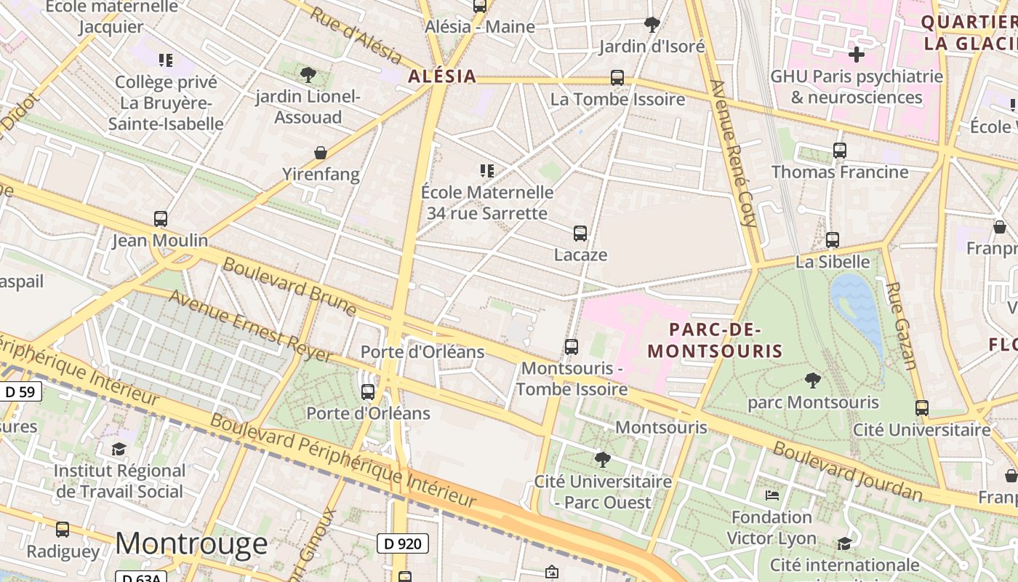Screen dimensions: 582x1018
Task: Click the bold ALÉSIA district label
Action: pyautogui.click(x=442, y=76)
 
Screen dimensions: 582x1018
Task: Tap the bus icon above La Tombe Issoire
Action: pyautogui.click(x=617, y=78)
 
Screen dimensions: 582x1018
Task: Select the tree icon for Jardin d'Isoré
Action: pyautogui.click(x=652, y=24)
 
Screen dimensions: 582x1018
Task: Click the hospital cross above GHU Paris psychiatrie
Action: pyautogui.click(x=857, y=55)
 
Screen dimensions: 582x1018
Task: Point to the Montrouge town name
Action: pyautogui.click(x=191, y=543)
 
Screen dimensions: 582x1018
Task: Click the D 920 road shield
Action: pyautogui.click(x=403, y=543)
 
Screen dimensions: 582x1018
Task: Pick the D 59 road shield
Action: pyautogui.click(x=20, y=392)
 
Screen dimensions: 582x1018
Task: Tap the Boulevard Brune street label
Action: pyautogui.click(x=289, y=287)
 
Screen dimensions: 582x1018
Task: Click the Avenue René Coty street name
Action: pyautogui.click(x=734, y=152)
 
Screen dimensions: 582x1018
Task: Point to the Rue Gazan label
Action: pyautogui.click(x=899, y=325)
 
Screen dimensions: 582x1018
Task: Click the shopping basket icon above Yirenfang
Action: pyautogui.click(x=321, y=153)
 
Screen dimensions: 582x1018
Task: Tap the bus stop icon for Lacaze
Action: pyautogui.click(x=580, y=234)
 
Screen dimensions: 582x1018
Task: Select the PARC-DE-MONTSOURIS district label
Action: pyautogui.click(x=715, y=340)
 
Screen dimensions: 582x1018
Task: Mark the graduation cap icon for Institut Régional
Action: pyautogui.click(x=119, y=449)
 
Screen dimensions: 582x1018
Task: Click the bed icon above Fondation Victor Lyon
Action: pyautogui.click(x=772, y=495)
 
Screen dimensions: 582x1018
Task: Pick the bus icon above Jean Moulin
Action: pyautogui.click(x=161, y=219)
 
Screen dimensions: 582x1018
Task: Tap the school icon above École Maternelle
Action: pyautogui.click(x=487, y=171)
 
